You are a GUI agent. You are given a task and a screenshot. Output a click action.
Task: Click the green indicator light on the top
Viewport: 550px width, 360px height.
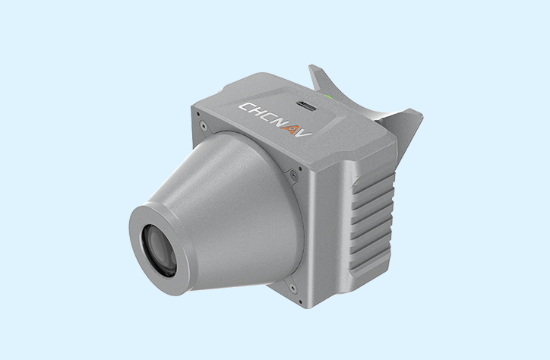point(329,96)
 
